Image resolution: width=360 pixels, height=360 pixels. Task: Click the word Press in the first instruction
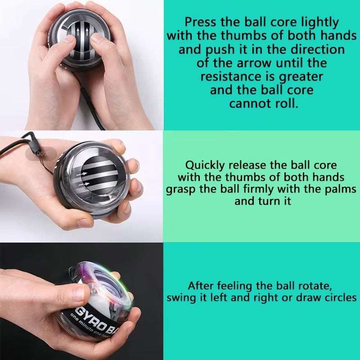pos(202,22)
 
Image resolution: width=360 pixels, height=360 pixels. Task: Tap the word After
pos(201,285)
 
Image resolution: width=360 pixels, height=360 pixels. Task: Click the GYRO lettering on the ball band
pos(88,315)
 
